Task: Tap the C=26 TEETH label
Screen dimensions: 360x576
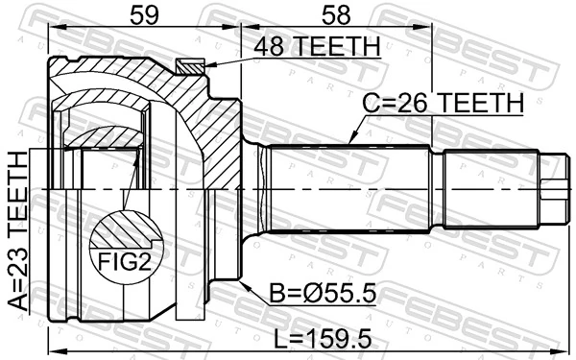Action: click(442, 103)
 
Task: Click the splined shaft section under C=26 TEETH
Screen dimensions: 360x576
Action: click(350, 189)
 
